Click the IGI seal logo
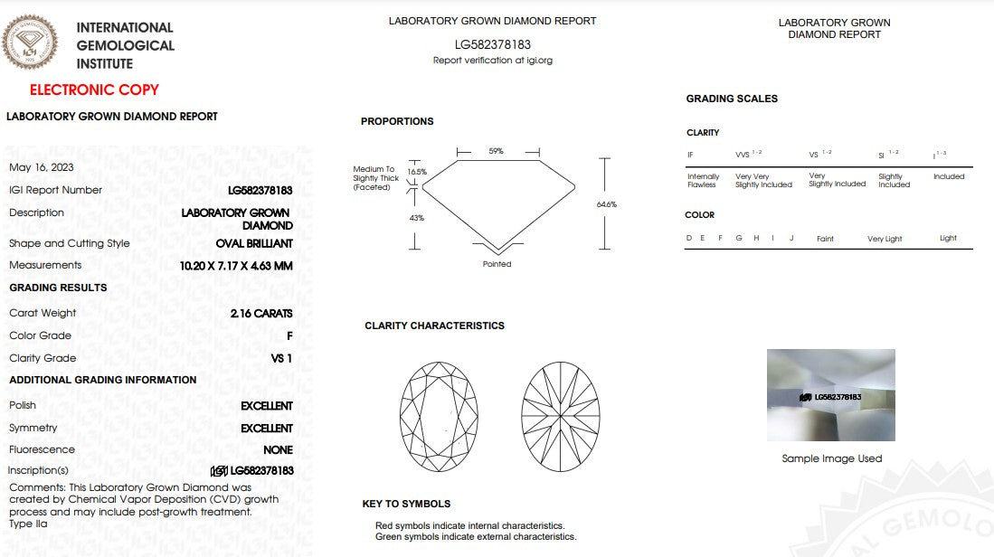click(30, 42)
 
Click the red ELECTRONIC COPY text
click(94, 90)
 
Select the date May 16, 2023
click(42, 167)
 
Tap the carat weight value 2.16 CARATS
click(261, 313)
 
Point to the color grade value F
click(289, 335)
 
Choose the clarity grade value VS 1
click(281, 358)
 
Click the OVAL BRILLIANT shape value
click(254, 243)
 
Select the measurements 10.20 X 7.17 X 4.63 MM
click(236, 266)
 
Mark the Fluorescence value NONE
click(278, 449)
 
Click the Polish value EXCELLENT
click(267, 406)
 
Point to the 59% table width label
click(496, 151)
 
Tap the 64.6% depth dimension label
click(607, 204)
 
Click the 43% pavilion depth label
click(416, 218)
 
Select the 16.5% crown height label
click(416, 172)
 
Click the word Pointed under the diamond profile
click(497, 264)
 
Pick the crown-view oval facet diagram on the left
click(439, 416)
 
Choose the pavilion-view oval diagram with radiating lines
click(561, 416)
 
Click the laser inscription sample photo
click(830, 395)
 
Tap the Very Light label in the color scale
click(885, 239)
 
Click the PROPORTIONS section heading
click(397, 121)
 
